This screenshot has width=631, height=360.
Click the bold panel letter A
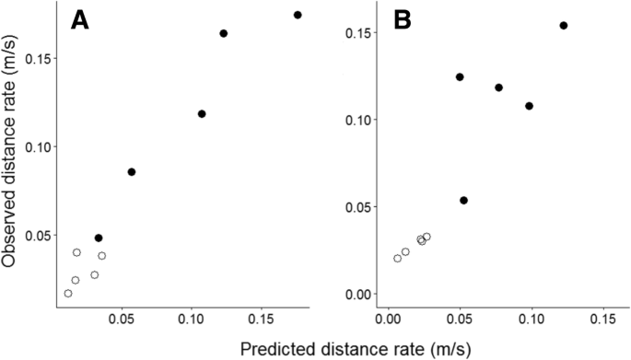[81, 21]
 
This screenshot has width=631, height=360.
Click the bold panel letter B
[402, 21]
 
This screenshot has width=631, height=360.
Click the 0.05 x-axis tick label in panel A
[121, 320]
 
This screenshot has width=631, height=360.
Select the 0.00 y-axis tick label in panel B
[357, 294]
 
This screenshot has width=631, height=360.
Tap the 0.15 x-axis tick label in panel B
[602, 320]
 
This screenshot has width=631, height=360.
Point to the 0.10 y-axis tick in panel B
[357, 120]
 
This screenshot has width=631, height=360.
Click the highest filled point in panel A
[298, 15]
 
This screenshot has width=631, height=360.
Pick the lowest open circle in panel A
[68, 294]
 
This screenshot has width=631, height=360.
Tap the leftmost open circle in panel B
[398, 259]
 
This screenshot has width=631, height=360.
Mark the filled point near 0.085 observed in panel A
[132, 172]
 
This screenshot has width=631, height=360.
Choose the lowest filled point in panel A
[99, 238]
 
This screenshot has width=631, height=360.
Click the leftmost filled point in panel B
[460, 77]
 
